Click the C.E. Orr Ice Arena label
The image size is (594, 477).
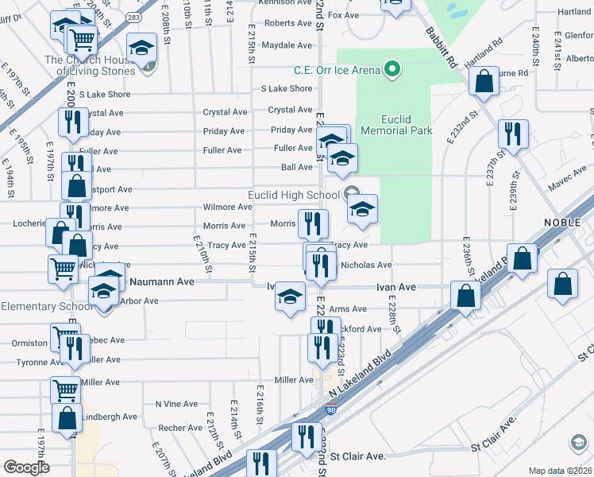point(337,70)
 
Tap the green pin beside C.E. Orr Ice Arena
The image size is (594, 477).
point(391,70)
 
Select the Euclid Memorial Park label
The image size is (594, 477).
point(396,124)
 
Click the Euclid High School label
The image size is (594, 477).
point(294,195)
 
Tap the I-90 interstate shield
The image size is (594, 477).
point(330,410)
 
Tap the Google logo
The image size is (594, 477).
point(26,467)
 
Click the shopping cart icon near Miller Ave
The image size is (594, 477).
point(65,390)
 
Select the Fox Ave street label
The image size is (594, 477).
point(344,15)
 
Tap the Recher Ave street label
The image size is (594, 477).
point(180,428)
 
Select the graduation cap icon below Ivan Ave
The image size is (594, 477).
point(290,297)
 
